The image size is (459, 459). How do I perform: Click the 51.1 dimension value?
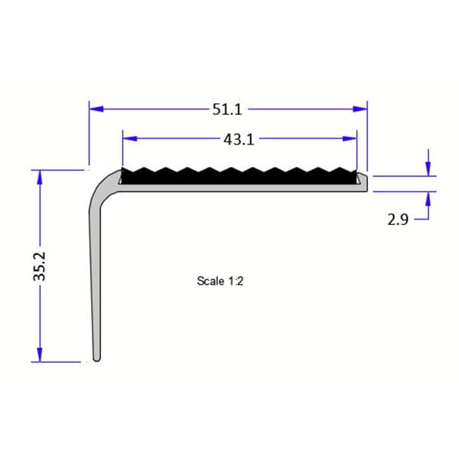click(227, 109)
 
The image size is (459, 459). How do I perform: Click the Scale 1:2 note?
click(220, 282)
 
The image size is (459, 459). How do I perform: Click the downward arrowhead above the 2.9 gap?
click(428, 168)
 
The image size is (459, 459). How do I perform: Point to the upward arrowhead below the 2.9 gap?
click(428, 198)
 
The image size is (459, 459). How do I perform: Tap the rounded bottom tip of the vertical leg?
click(96, 357)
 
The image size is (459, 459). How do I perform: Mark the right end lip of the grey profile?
click(364, 180)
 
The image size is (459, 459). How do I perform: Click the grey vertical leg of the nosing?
click(96, 283)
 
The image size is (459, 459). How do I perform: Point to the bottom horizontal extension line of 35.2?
click(57, 362)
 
